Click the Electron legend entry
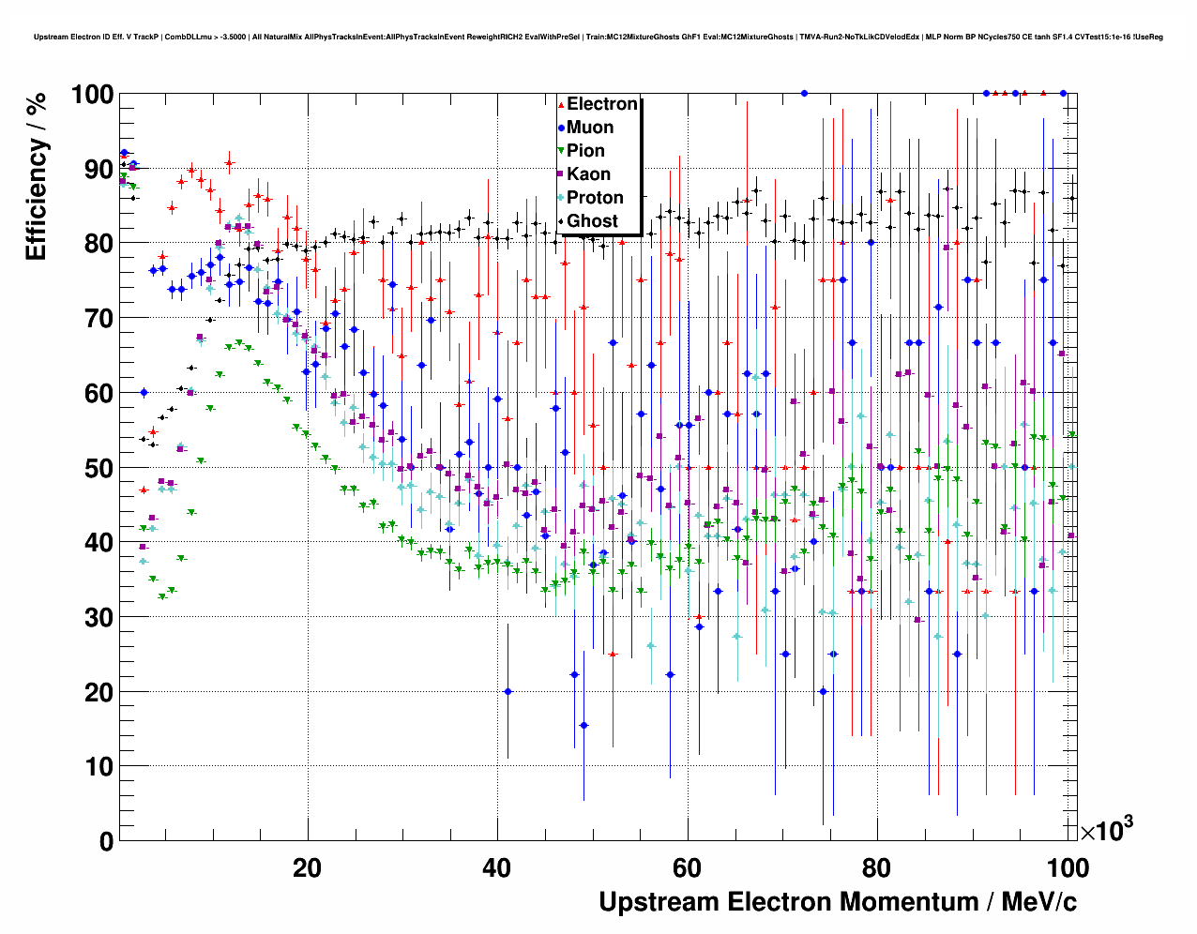click(601, 104)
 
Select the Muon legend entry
click(590, 128)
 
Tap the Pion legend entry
click(585, 151)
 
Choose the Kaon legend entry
click(588, 174)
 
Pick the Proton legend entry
click(595, 198)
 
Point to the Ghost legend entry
click(592, 221)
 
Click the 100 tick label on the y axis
click(91, 95)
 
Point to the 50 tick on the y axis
click(98, 468)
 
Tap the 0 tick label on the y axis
click(106, 841)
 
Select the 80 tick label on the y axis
click(98, 244)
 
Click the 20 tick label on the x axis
click(307, 868)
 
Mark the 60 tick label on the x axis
click(687, 868)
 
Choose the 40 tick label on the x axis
click(497, 868)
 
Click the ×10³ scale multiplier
click(1106, 830)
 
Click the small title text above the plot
click(598, 37)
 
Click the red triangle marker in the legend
click(560, 105)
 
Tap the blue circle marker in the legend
click(560, 128)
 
